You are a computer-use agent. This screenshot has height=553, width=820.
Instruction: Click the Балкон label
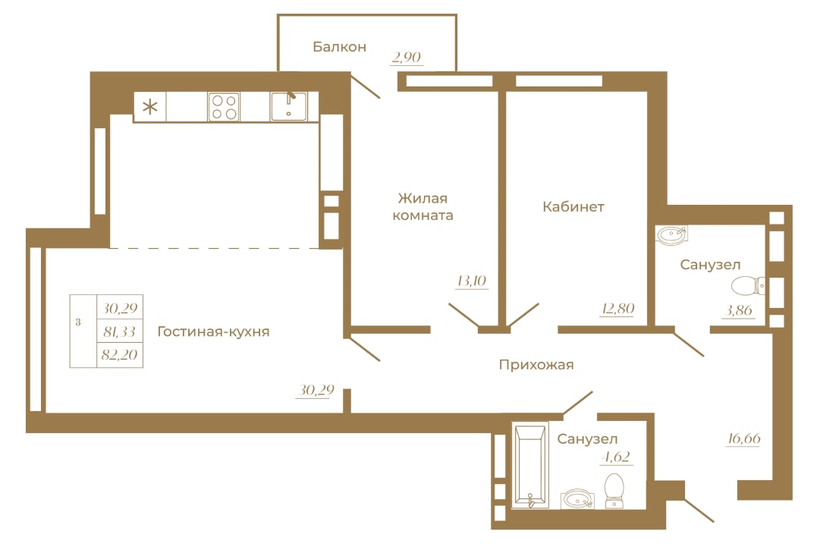pyautogui.click(x=339, y=47)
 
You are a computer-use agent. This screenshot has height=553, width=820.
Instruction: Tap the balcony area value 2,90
pyautogui.click(x=407, y=57)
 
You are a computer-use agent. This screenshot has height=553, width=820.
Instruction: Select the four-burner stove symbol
pyautogui.click(x=224, y=107)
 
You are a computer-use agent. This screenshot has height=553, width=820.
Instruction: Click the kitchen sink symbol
pyautogui.click(x=288, y=106)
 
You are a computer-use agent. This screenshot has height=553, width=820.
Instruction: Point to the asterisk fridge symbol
pyautogui.click(x=150, y=107)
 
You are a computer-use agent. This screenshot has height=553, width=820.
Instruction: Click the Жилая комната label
pyautogui.click(x=423, y=206)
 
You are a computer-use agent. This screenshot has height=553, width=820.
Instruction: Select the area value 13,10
pyautogui.click(x=472, y=281)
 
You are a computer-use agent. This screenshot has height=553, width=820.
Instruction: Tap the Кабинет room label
pyautogui.click(x=573, y=207)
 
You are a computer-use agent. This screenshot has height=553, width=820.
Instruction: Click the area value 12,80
pyautogui.click(x=617, y=309)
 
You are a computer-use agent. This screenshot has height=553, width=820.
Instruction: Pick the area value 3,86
pyautogui.click(x=738, y=310)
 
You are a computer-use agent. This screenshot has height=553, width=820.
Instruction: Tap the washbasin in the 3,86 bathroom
pyautogui.click(x=672, y=235)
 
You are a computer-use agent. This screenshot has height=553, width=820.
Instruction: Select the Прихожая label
pyautogui.click(x=536, y=365)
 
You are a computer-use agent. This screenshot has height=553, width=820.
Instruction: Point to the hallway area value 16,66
pyautogui.click(x=743, y=438)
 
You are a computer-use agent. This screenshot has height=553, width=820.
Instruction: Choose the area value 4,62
pyautogui.click(x=616, y=457)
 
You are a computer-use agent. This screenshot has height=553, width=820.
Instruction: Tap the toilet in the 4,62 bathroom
pyautogui.click(x=614, y=491)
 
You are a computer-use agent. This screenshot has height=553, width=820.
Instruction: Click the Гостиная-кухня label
pyautogui.click(x=213, y=331)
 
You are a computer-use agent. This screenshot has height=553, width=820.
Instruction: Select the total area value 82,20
pyautogui.click(x=120, y=355)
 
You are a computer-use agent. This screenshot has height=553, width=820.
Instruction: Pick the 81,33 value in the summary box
pyautogui.click(x=120, y=331)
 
